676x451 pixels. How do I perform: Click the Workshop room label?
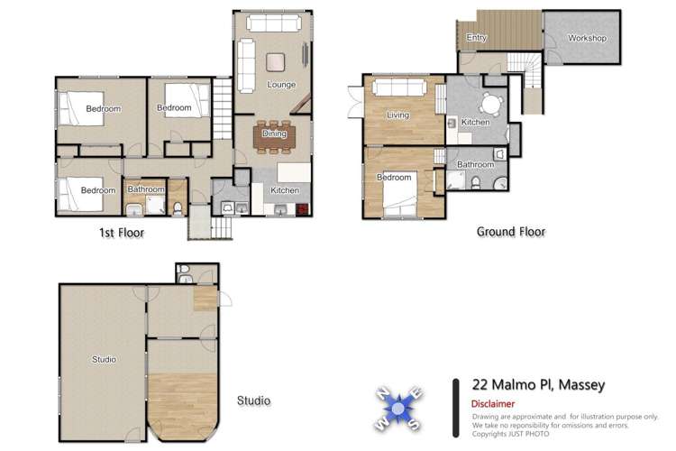[x=587, y=39]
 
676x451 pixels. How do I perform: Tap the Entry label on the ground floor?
[x=476, y=38]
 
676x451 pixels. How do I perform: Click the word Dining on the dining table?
[x=274, y=133]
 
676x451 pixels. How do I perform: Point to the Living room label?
[x=397, y=115]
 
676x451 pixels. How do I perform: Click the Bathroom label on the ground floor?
[x=475, y=165]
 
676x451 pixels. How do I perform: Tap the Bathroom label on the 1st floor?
[x=145, y=189]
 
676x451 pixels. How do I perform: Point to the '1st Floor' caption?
[x=121, y=233]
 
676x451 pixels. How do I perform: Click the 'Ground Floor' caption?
[x=510, y=232]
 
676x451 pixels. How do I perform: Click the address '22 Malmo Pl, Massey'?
[x=538, y=385]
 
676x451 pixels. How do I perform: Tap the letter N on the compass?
[x=382, y=391]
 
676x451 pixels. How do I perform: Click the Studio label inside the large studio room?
[x=104, y=360]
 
